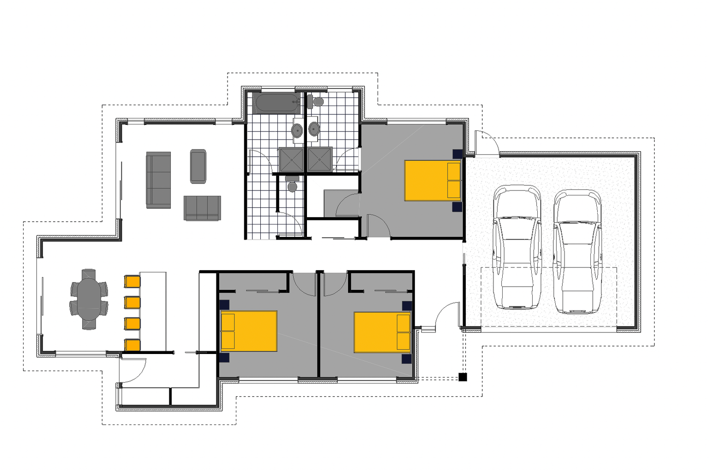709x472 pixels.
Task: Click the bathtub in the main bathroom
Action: click(x=276, y=103)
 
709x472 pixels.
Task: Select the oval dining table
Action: click(x=89, y=299)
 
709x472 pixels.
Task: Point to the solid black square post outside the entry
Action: click(x=463, y=377)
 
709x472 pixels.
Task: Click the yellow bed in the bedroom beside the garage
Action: click(x=433, y=180)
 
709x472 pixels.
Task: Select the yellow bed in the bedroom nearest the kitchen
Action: click(x=249, y=331)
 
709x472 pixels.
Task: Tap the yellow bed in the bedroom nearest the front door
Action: click(x=383, y=332)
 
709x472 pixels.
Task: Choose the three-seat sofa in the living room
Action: click(x=158, y=180)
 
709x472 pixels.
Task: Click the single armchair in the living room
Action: click(x=198, y=166)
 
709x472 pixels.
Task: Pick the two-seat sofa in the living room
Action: click(x=202, y=208)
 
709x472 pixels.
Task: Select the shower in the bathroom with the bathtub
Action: click(x=291, y=159)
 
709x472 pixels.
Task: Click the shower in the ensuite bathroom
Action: click(x=320, y=159)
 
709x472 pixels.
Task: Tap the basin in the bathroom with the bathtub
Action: click(x=297, y=130)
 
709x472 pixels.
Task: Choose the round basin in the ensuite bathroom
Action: click(x=314, y=129)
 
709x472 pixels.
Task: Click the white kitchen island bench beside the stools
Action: click(x=153, y=311)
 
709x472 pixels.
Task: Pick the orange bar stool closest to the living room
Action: click(x=132, y=281)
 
